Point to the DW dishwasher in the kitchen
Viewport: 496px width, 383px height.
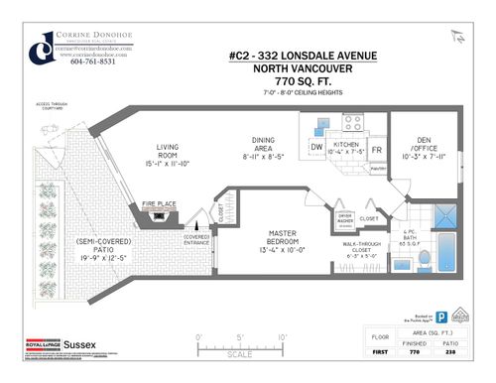click(x=316, y=149)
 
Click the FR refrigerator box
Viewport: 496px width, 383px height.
click(x=376, y=149)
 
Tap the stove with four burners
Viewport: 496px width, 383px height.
click(x=352, y=125)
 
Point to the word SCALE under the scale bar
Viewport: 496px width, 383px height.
click(x=239, y=353)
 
